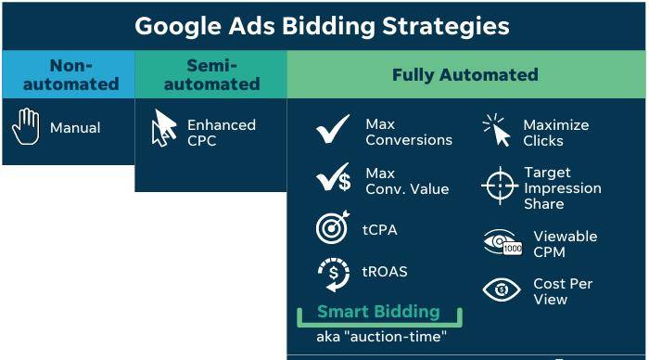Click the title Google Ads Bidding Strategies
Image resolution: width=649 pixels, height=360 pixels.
323,25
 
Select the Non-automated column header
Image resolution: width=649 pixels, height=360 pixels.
70,74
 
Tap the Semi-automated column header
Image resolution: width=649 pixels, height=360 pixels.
211,74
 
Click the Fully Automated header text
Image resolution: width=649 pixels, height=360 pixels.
464,75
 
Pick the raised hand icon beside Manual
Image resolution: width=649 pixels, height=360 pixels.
25,127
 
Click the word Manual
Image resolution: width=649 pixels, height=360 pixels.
75,128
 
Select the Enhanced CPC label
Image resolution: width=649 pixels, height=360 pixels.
221,132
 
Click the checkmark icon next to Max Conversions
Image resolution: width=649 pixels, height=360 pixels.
333,130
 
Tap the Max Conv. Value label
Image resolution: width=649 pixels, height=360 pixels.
407,181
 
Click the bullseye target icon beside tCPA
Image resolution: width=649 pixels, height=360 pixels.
332,228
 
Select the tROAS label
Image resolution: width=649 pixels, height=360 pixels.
385,272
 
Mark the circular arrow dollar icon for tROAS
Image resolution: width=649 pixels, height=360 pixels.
333,274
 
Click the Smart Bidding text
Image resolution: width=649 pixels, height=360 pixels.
377,312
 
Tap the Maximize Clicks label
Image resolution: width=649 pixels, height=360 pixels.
555,133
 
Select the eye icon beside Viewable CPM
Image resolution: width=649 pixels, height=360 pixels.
502,243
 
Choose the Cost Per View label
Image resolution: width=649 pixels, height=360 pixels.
563,291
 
